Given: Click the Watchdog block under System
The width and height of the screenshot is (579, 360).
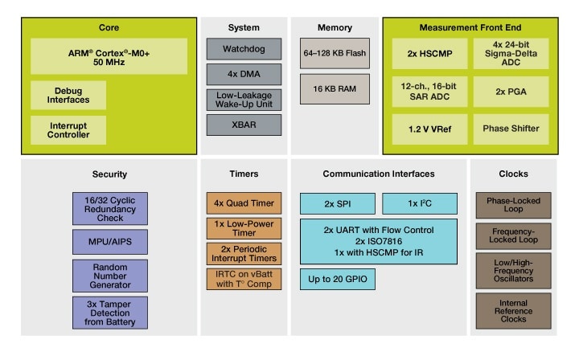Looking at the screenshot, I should click(x=244, y=49).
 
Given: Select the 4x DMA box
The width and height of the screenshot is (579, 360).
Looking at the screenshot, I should click(x=244, y=75).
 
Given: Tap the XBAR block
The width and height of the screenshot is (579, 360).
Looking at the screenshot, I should click(x=244, y=125).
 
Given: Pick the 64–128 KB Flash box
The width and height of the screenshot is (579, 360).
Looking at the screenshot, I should click(x=335, y=53).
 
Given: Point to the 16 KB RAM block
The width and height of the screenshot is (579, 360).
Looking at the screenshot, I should click(x=335, y=88).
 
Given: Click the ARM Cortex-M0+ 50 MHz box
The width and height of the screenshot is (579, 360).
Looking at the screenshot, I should click(x=109, y=55).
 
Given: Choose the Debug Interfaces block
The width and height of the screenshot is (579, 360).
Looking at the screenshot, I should click(x=68, y=95).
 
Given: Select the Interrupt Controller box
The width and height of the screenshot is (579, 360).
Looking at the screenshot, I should click(x=68, y=129).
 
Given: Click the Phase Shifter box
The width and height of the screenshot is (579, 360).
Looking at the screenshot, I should click(x=511, y=129).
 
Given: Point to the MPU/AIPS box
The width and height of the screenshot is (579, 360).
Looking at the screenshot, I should click(x=110, y=239).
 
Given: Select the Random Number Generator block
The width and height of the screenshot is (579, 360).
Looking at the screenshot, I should click(x=110, y=276).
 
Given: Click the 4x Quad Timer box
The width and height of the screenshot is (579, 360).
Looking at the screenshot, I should click(x=244, y=202).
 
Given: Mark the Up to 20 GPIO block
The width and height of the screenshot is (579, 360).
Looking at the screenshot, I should click(x=338, y=279).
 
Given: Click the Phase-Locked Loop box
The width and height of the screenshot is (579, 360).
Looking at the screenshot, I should click(x=512, y=205).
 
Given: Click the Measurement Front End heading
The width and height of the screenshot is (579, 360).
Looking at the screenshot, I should click(x=470, y=28).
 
